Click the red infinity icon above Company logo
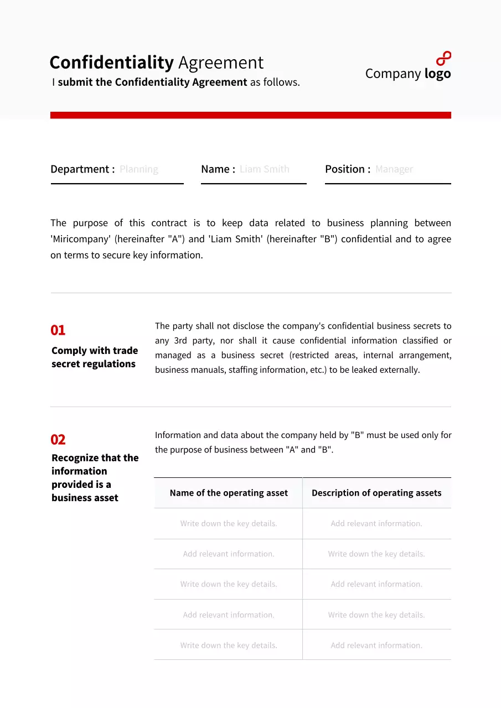click(443, 59)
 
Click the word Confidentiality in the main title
click(112, 63)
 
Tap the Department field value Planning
click(139, 169)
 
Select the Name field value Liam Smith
click(264, 169)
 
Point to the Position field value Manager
click(394, 169)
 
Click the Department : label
click(82, 169)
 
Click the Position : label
click(348, 169)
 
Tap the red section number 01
click(58, 330)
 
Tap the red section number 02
click(58, 440)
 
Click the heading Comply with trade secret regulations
click(94, 357)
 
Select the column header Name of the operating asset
click(229, 493)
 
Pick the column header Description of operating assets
click(376, 493)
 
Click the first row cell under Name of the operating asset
click(229, 523)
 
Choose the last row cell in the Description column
click(376, 645)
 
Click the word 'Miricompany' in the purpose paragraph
click(80, 239)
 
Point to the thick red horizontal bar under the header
click(250, 115)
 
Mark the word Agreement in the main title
click(220, 63)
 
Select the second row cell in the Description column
click(376, 554)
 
